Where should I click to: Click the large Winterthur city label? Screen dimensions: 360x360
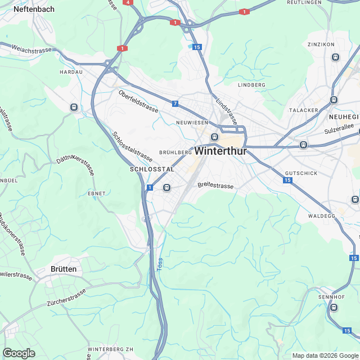coord(221,151)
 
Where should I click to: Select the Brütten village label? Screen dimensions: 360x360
coord(64,269)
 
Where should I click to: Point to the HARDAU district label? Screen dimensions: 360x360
coord(71,73)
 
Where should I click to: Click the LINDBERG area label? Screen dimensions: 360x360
coord(251,85)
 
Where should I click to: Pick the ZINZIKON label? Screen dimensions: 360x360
coord(321,44)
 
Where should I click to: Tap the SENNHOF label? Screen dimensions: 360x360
coord(331,296)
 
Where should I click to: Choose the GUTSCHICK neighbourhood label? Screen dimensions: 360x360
coord(301,173)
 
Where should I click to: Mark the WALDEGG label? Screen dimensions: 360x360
coord(322,216)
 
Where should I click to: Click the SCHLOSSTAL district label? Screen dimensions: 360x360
coord(152,169)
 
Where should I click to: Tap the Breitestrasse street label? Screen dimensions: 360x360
coord(215,184)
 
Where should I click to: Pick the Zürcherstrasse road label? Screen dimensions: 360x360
coord(67,299)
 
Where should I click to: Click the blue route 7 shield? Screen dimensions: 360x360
coord(175,103)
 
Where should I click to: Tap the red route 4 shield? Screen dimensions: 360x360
coord(129,2)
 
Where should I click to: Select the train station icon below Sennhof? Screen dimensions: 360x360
coord(334,308)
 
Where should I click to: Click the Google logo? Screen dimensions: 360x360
coord(19,353)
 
